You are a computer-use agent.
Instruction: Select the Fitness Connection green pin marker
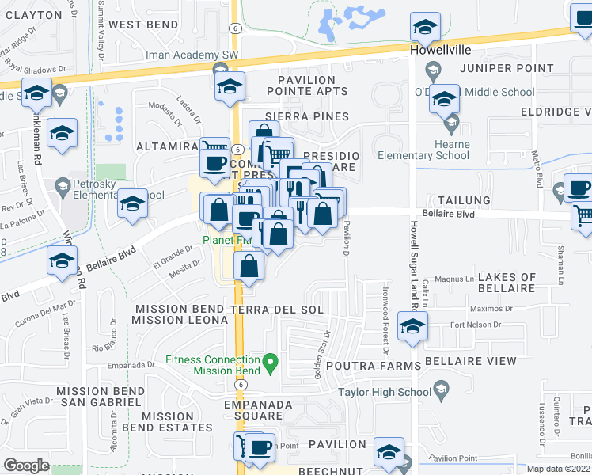271,364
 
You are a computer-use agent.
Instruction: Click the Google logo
26,465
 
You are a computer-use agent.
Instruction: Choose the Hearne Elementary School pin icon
451,124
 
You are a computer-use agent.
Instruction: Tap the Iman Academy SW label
181,55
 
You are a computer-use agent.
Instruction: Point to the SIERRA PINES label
307,116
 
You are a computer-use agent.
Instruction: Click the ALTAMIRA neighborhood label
166,146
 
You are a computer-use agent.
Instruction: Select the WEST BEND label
143,25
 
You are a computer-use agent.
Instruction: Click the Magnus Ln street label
453,279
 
